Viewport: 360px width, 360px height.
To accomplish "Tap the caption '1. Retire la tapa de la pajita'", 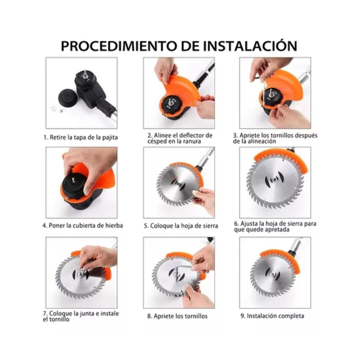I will tap(80, 137).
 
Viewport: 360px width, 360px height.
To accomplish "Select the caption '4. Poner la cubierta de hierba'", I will tap(82, 225).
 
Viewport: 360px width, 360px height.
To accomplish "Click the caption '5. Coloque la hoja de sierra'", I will tap(181, 226).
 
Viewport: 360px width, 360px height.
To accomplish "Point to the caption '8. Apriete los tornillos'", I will tap(177, 316).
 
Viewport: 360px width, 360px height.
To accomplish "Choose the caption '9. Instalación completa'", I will tap(272, 316).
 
